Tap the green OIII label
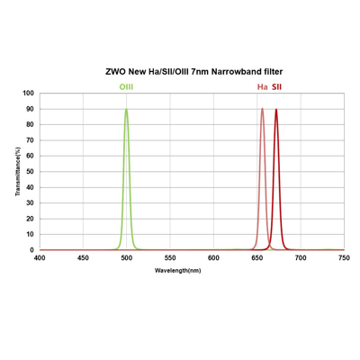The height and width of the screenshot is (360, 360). click(x=127, y=87)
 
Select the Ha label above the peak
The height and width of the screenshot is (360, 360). click(x=262, y=87)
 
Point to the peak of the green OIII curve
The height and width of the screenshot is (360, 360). click(x=126, y=110)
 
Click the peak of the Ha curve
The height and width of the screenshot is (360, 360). click(x=262, y=110)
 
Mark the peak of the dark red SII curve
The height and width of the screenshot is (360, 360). click(x=275, y=110)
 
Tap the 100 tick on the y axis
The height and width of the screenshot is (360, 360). click(x=29, y=94)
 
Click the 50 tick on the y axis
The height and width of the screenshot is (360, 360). click(x=31, y=172)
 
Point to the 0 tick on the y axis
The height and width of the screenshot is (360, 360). click(x=32, y=250)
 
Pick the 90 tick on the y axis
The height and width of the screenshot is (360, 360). click(x=31, y=109)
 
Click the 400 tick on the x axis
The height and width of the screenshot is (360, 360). click(x=40, y=258)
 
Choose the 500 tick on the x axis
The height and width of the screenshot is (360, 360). click(x=127, y=258)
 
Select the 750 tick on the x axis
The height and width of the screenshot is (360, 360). click(x=343, y=258)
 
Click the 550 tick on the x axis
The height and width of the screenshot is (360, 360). click(x=170, y=258)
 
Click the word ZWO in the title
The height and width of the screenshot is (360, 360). click(x=118, y=69)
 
